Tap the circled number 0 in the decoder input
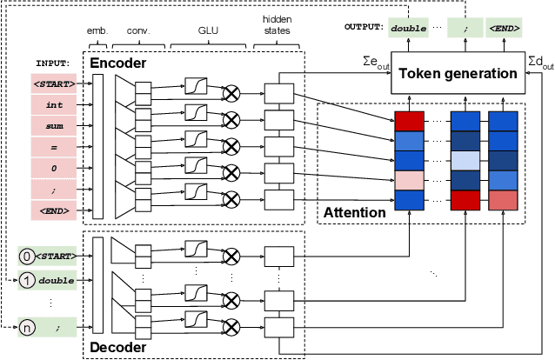(x=26, y=257)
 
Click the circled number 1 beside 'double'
(x=26, y=280)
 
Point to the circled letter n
(x=26, y=329)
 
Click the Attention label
(x=355, y=212)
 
